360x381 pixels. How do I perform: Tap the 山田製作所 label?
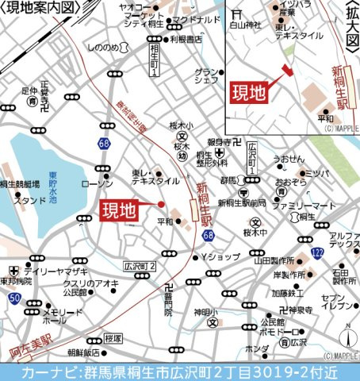275,260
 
